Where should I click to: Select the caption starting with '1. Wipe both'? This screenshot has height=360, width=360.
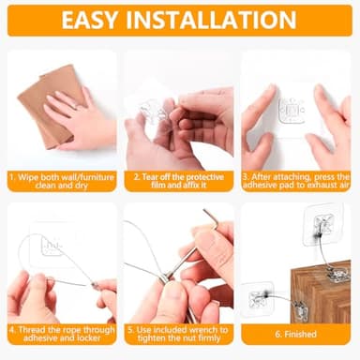[61, 180]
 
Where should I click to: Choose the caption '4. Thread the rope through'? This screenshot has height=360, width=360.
[61, 335]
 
